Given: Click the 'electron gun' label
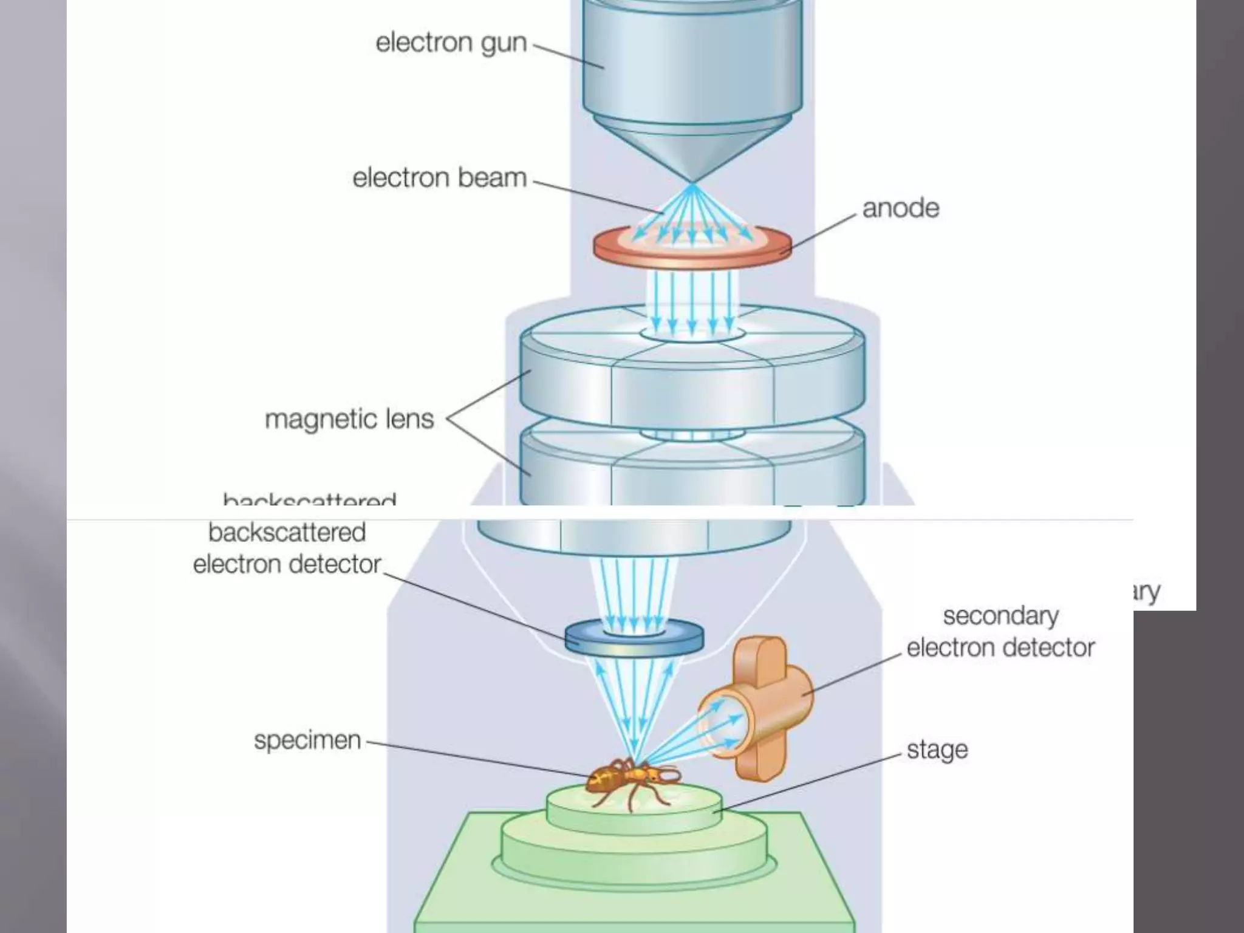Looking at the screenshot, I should tap(451, 43).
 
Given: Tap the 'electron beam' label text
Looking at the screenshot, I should tap(439, 178).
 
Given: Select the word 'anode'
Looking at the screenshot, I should tap(901, 208).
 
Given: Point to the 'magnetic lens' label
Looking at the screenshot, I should tap(349, 419).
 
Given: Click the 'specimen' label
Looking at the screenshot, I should tap(307, 740).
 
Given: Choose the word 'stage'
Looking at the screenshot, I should tap(937, 750).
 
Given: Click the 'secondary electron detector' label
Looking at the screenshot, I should tap(1000, 632).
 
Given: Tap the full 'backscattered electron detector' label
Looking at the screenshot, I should tap(287, 549).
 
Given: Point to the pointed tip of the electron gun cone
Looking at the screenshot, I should tap(692, 181).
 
